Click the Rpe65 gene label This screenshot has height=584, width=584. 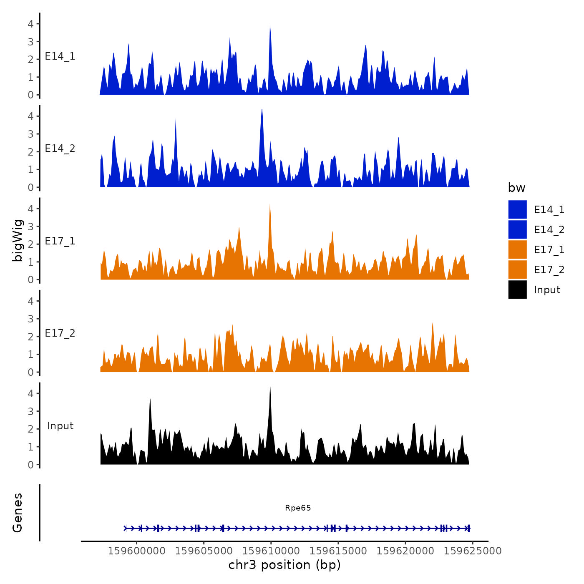(x=298, y=508)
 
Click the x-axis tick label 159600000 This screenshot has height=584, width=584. (x=136, y=551)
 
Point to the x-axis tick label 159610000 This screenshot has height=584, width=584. (x=271, y=551)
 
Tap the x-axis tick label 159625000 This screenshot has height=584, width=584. (x=473, y=551)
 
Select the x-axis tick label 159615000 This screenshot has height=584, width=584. (x=338, y=551)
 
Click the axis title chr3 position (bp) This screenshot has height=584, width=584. (x=284, y=565)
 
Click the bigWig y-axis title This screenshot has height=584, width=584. (x=18, y=241)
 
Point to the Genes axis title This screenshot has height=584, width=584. (x=18, y=513)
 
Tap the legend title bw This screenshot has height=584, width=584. (x=516, y=188)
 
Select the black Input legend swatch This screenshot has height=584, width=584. (x=517, y=289)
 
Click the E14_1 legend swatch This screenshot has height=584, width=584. (x=517, y=209)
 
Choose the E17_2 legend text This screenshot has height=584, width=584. (x=549, y=270)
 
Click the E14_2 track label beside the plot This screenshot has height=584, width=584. (x=60, y=149)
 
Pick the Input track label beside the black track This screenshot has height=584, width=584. (x=60, y=426)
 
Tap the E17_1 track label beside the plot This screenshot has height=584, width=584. (x=60, y=241)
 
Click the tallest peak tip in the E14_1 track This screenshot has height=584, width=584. (x=270, y=25)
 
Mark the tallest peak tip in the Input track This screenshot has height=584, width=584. (x=270, y=388)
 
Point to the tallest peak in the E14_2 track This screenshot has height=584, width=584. (x=262, y=110)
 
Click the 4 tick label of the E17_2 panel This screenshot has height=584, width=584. (x=30, y=301)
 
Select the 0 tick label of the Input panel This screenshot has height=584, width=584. (x=30, y=465)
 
